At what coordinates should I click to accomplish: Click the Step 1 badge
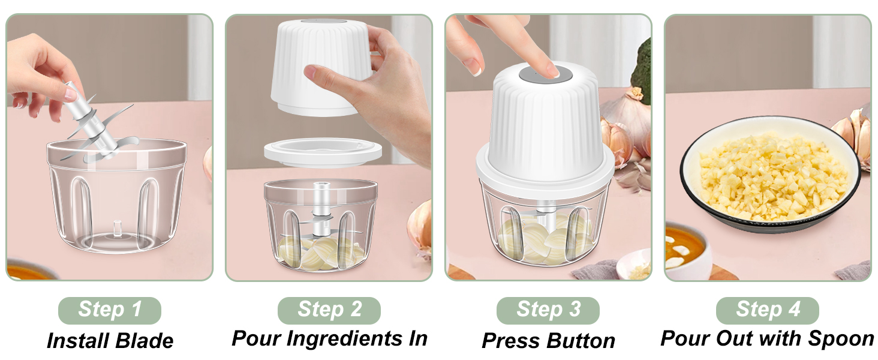click(x=109, y=310)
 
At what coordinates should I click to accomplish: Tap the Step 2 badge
click(x=329, y=310)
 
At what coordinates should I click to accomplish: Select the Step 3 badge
click(x=548, y=310)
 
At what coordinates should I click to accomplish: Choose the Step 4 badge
click(x=768, y=310)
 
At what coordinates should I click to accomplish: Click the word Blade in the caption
click(x=144, y=341)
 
